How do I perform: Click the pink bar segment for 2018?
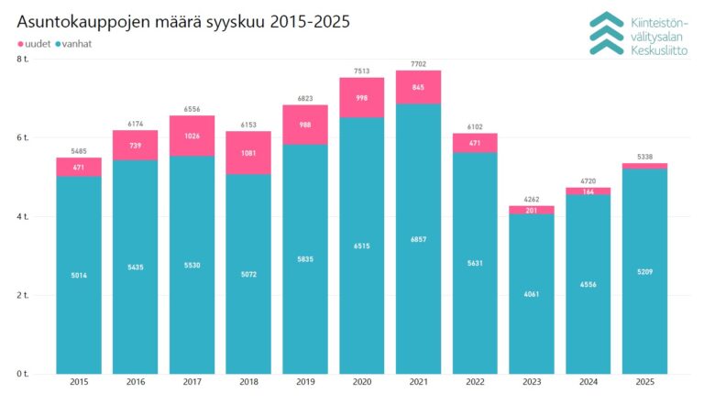coord(248,152)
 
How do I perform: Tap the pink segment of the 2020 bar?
coord(362,97)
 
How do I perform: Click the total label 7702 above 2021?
coord(418,64)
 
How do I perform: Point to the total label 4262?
coord(532,200)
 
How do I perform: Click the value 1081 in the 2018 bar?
coord(248,152)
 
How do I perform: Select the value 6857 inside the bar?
coord(418,239)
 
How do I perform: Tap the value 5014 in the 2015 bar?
coord(78,275)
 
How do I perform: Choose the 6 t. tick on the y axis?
coord(23,137)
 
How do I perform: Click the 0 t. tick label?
coord(23,375)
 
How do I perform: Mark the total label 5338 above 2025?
coord(644,157)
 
